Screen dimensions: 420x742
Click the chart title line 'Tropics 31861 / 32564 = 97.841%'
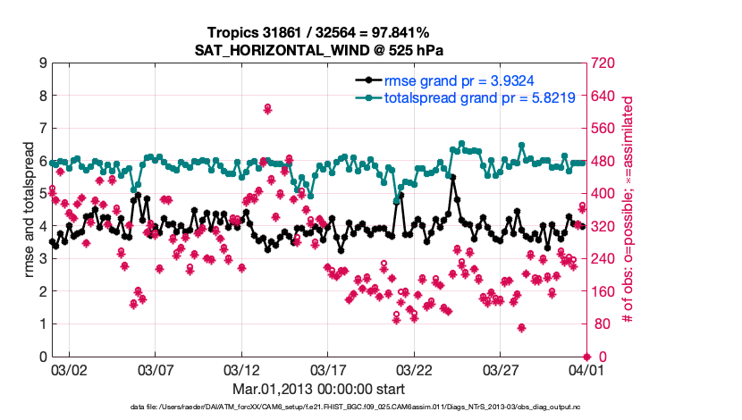pyautogui.click(x=318, y=33)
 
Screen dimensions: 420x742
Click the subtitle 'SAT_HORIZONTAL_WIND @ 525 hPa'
pyautogui.click(x=318, y=50)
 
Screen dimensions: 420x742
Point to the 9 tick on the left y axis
pyautogui.click(x=42, y=63)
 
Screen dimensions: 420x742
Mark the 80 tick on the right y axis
pyautogui.click(x=595, y=324)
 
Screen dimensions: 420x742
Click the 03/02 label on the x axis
pyautogui.click(x=68, y=369)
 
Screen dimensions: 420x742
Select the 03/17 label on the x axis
pyautogui.click(x=328, y=369)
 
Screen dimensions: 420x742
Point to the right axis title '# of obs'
pyautogui.click(x=628, y=210)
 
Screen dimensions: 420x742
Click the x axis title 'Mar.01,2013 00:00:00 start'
pyautogui.click(x=318, y=389)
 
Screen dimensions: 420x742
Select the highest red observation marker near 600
pyautogui.click(x=267, y=109)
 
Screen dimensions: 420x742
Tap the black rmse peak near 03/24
pyautogui.click(x=453, y=178)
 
